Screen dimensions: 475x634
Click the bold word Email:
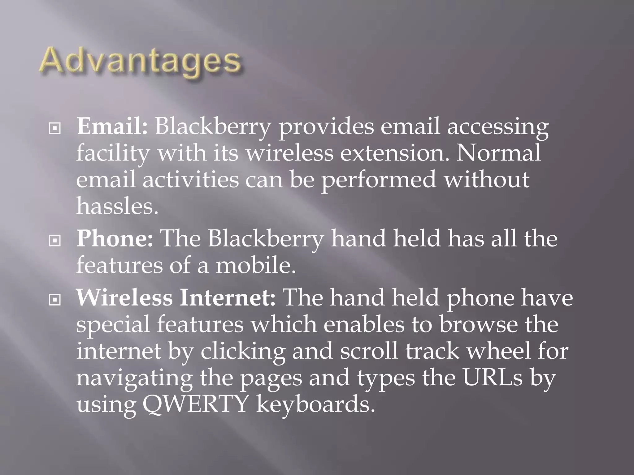(112, 127)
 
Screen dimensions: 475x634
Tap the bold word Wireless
(124, 297)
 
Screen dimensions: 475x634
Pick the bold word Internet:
(228, 297)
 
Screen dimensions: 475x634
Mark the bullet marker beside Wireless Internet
(55, 299)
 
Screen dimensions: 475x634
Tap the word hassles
(117, 206)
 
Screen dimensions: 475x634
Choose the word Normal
(498, 153)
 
